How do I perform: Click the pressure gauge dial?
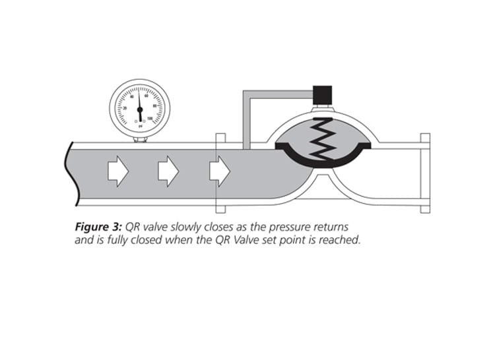[139, 107]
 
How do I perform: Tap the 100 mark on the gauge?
[151, 119]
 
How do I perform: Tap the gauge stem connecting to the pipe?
[139, 138]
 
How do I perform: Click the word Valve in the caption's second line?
[251, 241]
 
